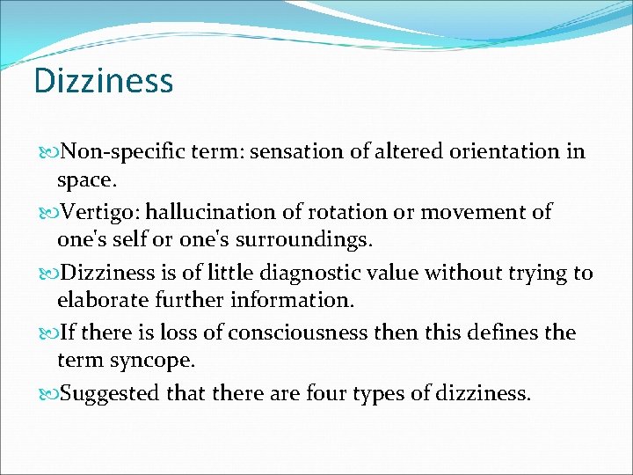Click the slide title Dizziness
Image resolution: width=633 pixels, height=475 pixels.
coord(104,81)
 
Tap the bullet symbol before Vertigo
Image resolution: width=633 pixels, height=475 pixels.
coord(46,213)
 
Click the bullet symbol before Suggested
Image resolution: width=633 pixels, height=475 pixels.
coord(46,394)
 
